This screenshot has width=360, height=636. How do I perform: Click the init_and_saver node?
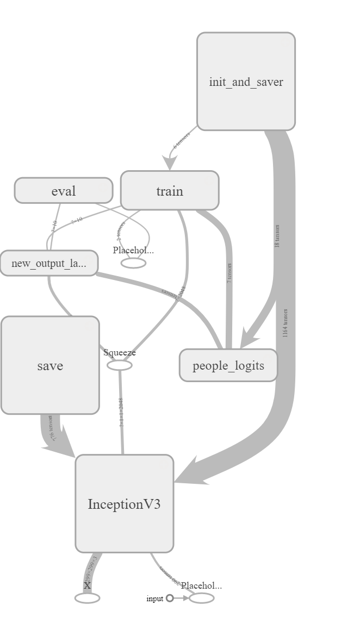[246, 82]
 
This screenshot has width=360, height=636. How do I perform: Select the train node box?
[170, 191]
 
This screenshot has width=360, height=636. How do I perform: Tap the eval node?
[64, 191]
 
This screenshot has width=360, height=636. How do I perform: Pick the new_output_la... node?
[49, 264]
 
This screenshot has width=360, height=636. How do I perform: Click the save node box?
[50, 365]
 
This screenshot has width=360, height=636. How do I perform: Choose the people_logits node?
[228, 365]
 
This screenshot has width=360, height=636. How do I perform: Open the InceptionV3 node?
[124, 504]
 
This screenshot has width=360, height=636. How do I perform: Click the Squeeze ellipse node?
[120, 365]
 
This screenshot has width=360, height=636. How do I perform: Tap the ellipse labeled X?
[87, 598]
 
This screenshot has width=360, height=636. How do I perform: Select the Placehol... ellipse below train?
[133, 263]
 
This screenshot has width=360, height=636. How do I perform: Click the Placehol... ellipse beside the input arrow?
[201, 598]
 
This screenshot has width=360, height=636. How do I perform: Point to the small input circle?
[170, 598]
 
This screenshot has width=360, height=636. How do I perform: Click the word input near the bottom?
[154, 598]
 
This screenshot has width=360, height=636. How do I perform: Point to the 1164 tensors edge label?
[285, 323]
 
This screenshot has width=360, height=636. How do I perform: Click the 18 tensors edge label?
[277, 235]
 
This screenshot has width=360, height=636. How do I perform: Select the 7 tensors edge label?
[229, 273]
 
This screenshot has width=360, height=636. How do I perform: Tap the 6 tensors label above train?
[182, 140]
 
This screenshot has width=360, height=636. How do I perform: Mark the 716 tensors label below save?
[52, 428]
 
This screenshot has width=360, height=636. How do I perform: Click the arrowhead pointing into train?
[170, 164]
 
